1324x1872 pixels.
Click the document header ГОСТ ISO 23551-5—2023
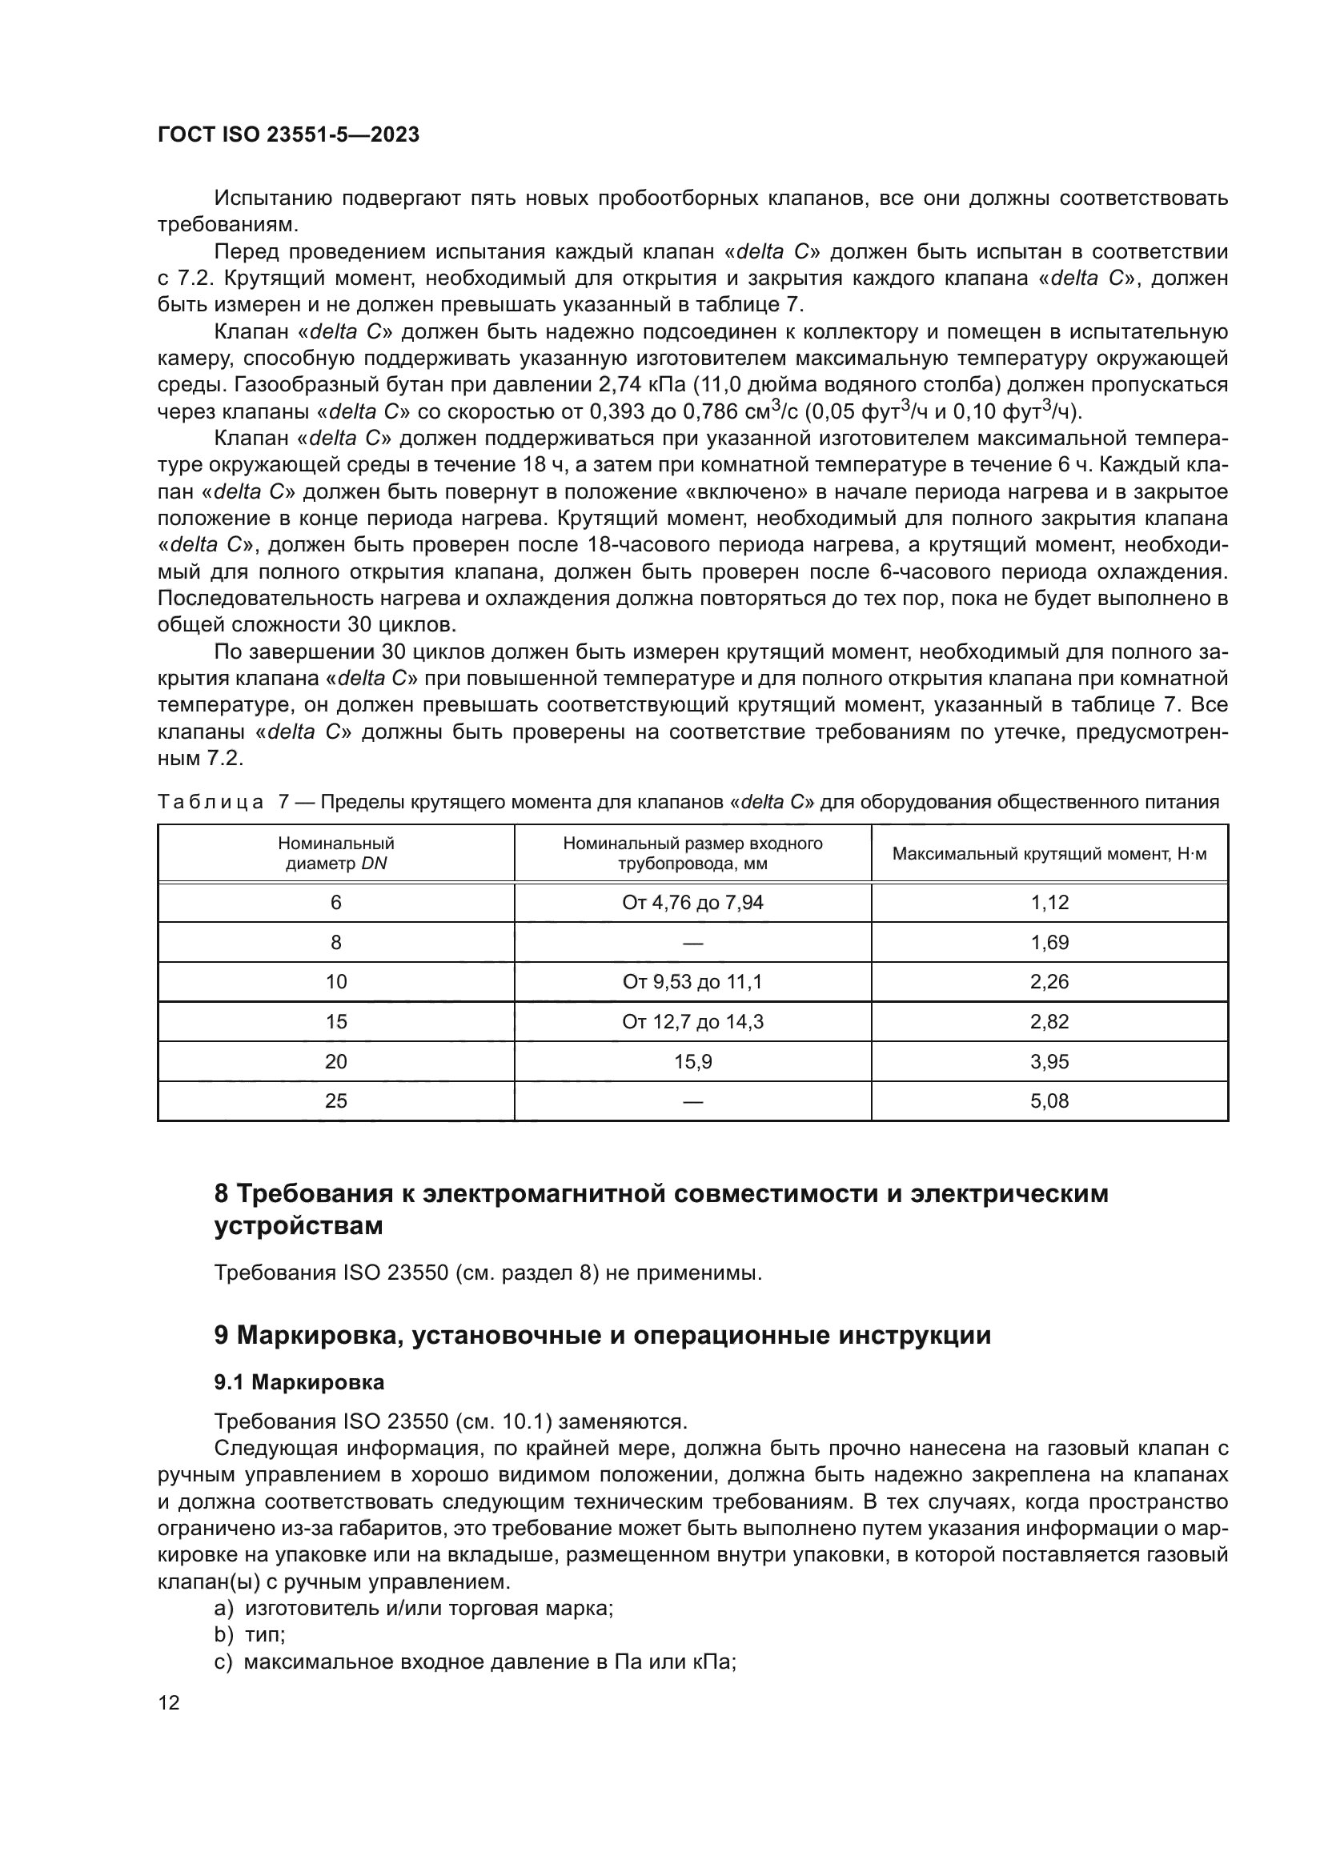(x=289, y=134)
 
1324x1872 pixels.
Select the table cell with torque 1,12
(x=1049, y=903)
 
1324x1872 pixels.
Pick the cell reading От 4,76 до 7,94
(x=692, y=903)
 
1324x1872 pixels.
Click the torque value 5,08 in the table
(x=1049, y=1100)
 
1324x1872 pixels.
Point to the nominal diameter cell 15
(x=336, y=1021)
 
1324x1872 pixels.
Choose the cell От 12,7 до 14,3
(x=692, y=1021)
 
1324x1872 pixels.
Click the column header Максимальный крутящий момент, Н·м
(x=1049, y=854)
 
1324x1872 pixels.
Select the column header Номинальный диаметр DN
(x=336, y=854)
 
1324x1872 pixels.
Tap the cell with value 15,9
(x=692, y=1061)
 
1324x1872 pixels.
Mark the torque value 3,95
(x=1049, y=1061)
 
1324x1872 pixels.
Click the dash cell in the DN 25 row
(x=692, y=1100)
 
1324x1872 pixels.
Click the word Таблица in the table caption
(x=211, y=802)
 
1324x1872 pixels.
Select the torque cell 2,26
(x=1049, y=982)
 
